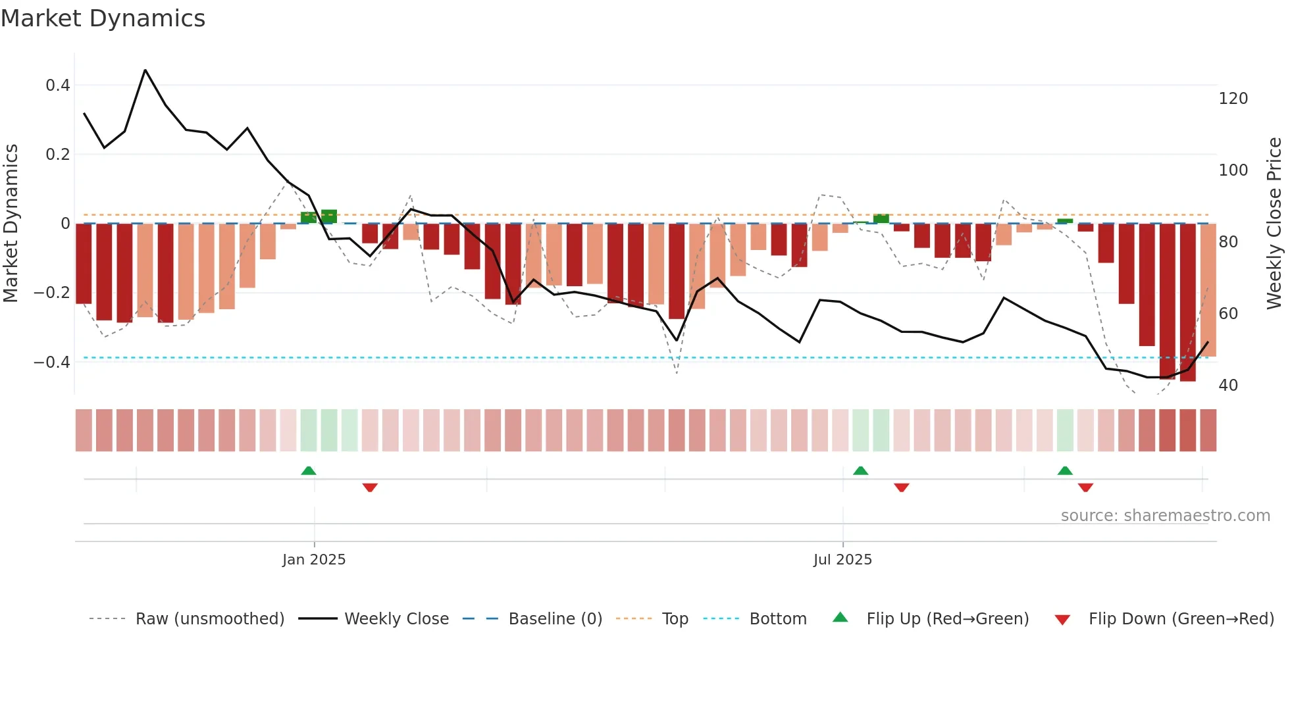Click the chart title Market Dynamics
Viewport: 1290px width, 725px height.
coord(103,18)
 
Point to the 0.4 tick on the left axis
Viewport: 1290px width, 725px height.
coord(58,86)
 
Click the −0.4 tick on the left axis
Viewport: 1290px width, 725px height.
coord(52,362)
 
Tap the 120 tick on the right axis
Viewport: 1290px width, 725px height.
coord(1233,99)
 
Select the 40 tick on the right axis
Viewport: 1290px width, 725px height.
coord(1228,386)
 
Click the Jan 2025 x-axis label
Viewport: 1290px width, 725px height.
coord(314,560)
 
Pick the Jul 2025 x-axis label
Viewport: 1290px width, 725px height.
coord(842,560)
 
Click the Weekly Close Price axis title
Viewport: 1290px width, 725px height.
coord(1274,224)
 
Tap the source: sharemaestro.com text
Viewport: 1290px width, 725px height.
coord(1165,516)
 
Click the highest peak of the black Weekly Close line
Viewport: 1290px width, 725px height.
coord(145,70)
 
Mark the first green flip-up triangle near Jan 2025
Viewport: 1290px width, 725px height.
coord(309,470)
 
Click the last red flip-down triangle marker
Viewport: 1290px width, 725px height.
coord(1085,488)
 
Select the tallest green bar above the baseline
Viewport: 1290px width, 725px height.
coord(329,216)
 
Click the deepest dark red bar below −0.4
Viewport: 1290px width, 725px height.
coord(1187,303)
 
